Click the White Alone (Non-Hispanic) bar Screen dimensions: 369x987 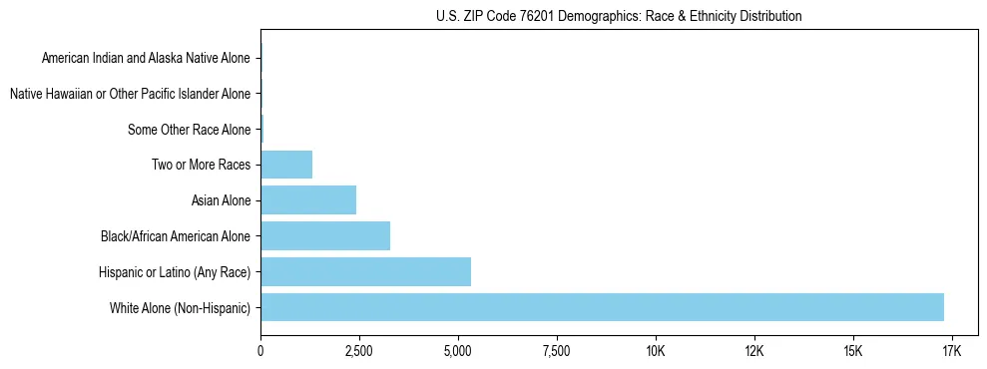click(x=602, y=307)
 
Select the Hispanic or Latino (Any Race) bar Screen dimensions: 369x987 click(x=365, y=271)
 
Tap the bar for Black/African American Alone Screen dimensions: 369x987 click(x=325, y=236)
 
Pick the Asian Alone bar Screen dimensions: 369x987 click(x=308, y=200)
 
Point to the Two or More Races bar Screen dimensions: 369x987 click(x=286, y=165)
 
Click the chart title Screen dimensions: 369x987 click(x=619, y=16)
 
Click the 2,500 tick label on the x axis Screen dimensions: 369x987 click(x=358, y=351)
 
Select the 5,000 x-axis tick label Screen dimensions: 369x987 click(x=457, y=351)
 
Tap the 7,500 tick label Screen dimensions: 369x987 click(x=556, y=351)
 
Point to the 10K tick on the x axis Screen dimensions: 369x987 click(x=655, y=351)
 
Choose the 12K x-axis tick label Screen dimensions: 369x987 click(x=753, y=351)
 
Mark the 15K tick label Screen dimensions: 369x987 click(x=852, y=351)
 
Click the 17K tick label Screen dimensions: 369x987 click(x=951, y=351)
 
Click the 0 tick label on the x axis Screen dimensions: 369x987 click(x=260, y=351)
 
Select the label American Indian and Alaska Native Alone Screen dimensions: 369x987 click(x=146, y=58)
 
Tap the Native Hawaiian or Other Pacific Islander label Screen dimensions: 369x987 click(x=130, y=94)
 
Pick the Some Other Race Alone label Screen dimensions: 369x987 click(x=190, y=130)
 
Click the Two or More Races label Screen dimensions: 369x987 click(x=202, y=165)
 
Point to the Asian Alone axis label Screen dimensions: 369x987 click(x=221, y=200)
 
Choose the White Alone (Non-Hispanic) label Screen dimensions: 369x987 click(x=181, y=307)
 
